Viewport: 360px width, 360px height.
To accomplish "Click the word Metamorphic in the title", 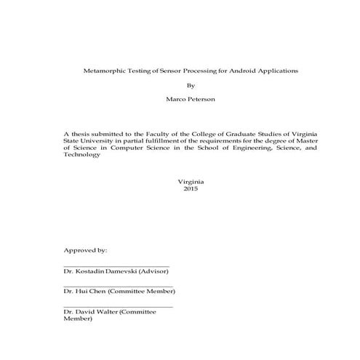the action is point(101,71).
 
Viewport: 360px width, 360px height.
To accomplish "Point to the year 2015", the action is point(191,188).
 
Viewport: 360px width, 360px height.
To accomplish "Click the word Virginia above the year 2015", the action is point(191,180).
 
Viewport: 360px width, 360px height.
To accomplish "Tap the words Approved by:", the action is point(85,249).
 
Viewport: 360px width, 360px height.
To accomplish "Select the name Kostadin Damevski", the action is point(105,271).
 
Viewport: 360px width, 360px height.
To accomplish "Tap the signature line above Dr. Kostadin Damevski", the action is point(116,265).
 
